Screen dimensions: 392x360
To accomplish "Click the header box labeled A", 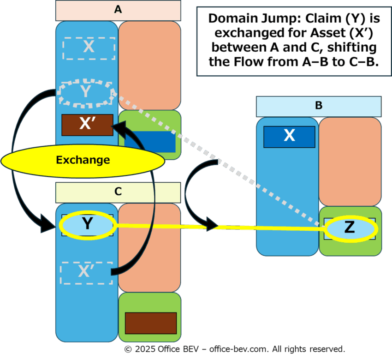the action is tap(118, 11).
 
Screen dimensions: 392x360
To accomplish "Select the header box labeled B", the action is tap(319, 106).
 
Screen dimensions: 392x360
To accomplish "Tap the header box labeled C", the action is tap(118, 192).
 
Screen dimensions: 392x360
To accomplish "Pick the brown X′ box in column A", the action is tap(87, 125).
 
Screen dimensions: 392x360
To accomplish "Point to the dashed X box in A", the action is tap(89, 48).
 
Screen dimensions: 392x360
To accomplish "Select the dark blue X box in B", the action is tap(289, 137).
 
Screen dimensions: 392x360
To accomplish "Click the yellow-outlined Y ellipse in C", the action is tap(87, 225).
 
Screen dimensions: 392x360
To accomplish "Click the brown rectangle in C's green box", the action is tap(151, 323).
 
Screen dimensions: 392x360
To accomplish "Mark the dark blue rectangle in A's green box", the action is tap(150, 142).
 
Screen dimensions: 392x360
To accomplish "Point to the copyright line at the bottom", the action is tap(235, 349).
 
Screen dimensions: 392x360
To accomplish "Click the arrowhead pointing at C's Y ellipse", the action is tap(48, 224).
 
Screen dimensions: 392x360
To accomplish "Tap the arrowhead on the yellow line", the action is tap(212, 224).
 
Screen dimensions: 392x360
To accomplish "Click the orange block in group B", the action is tap(350, 162).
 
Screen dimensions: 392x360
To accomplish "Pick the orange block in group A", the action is tap(149, 66).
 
